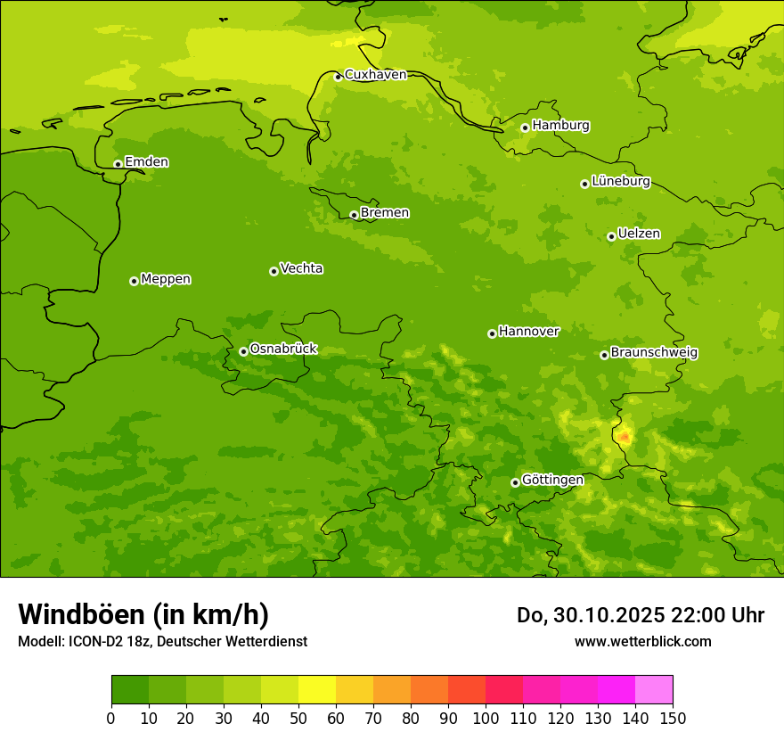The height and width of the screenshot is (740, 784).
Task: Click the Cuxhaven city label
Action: pyautogui.click(x=375, y=75)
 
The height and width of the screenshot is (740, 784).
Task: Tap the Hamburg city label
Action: pyautogui.click(x=560, y=126)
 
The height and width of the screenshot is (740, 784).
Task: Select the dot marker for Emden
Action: pyautogui.click(x=118, y=164)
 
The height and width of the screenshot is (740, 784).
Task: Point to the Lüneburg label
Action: pyautogui.click(x=620, y=181)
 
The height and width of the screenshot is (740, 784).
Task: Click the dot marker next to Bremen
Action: pyautogui.click(x=354, y=215)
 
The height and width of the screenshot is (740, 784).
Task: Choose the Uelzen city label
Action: pyautogui.click(x=639, y=234)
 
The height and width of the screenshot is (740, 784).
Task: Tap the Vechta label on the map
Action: pyautogui.click(x=301, y=268)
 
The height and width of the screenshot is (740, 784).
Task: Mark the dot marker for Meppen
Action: pyautogui.click(x=134, y=281)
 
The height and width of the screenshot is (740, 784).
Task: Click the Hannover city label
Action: pyautogui.click(x=528, y=332)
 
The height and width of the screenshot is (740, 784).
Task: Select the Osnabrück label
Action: pyautogui.click(x=282, y=349)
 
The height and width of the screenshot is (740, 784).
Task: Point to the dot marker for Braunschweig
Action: pyautogui.click(x=604, y=355)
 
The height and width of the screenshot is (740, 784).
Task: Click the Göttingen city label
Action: pyautogui.click(x=552, y=480)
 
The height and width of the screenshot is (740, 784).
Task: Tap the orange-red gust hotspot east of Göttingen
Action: pyautogui.click(x=625, y=436)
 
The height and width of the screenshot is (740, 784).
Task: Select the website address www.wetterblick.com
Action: pyautogui.click(x=642, y=641)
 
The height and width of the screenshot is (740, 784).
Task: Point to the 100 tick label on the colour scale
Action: pyautogui.click(x=486, y=719)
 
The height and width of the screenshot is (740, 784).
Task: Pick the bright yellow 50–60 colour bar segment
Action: pyautogui.click(x=317, y=690)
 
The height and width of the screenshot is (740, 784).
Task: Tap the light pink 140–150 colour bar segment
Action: pyautogui.click(x=654, y=690)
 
